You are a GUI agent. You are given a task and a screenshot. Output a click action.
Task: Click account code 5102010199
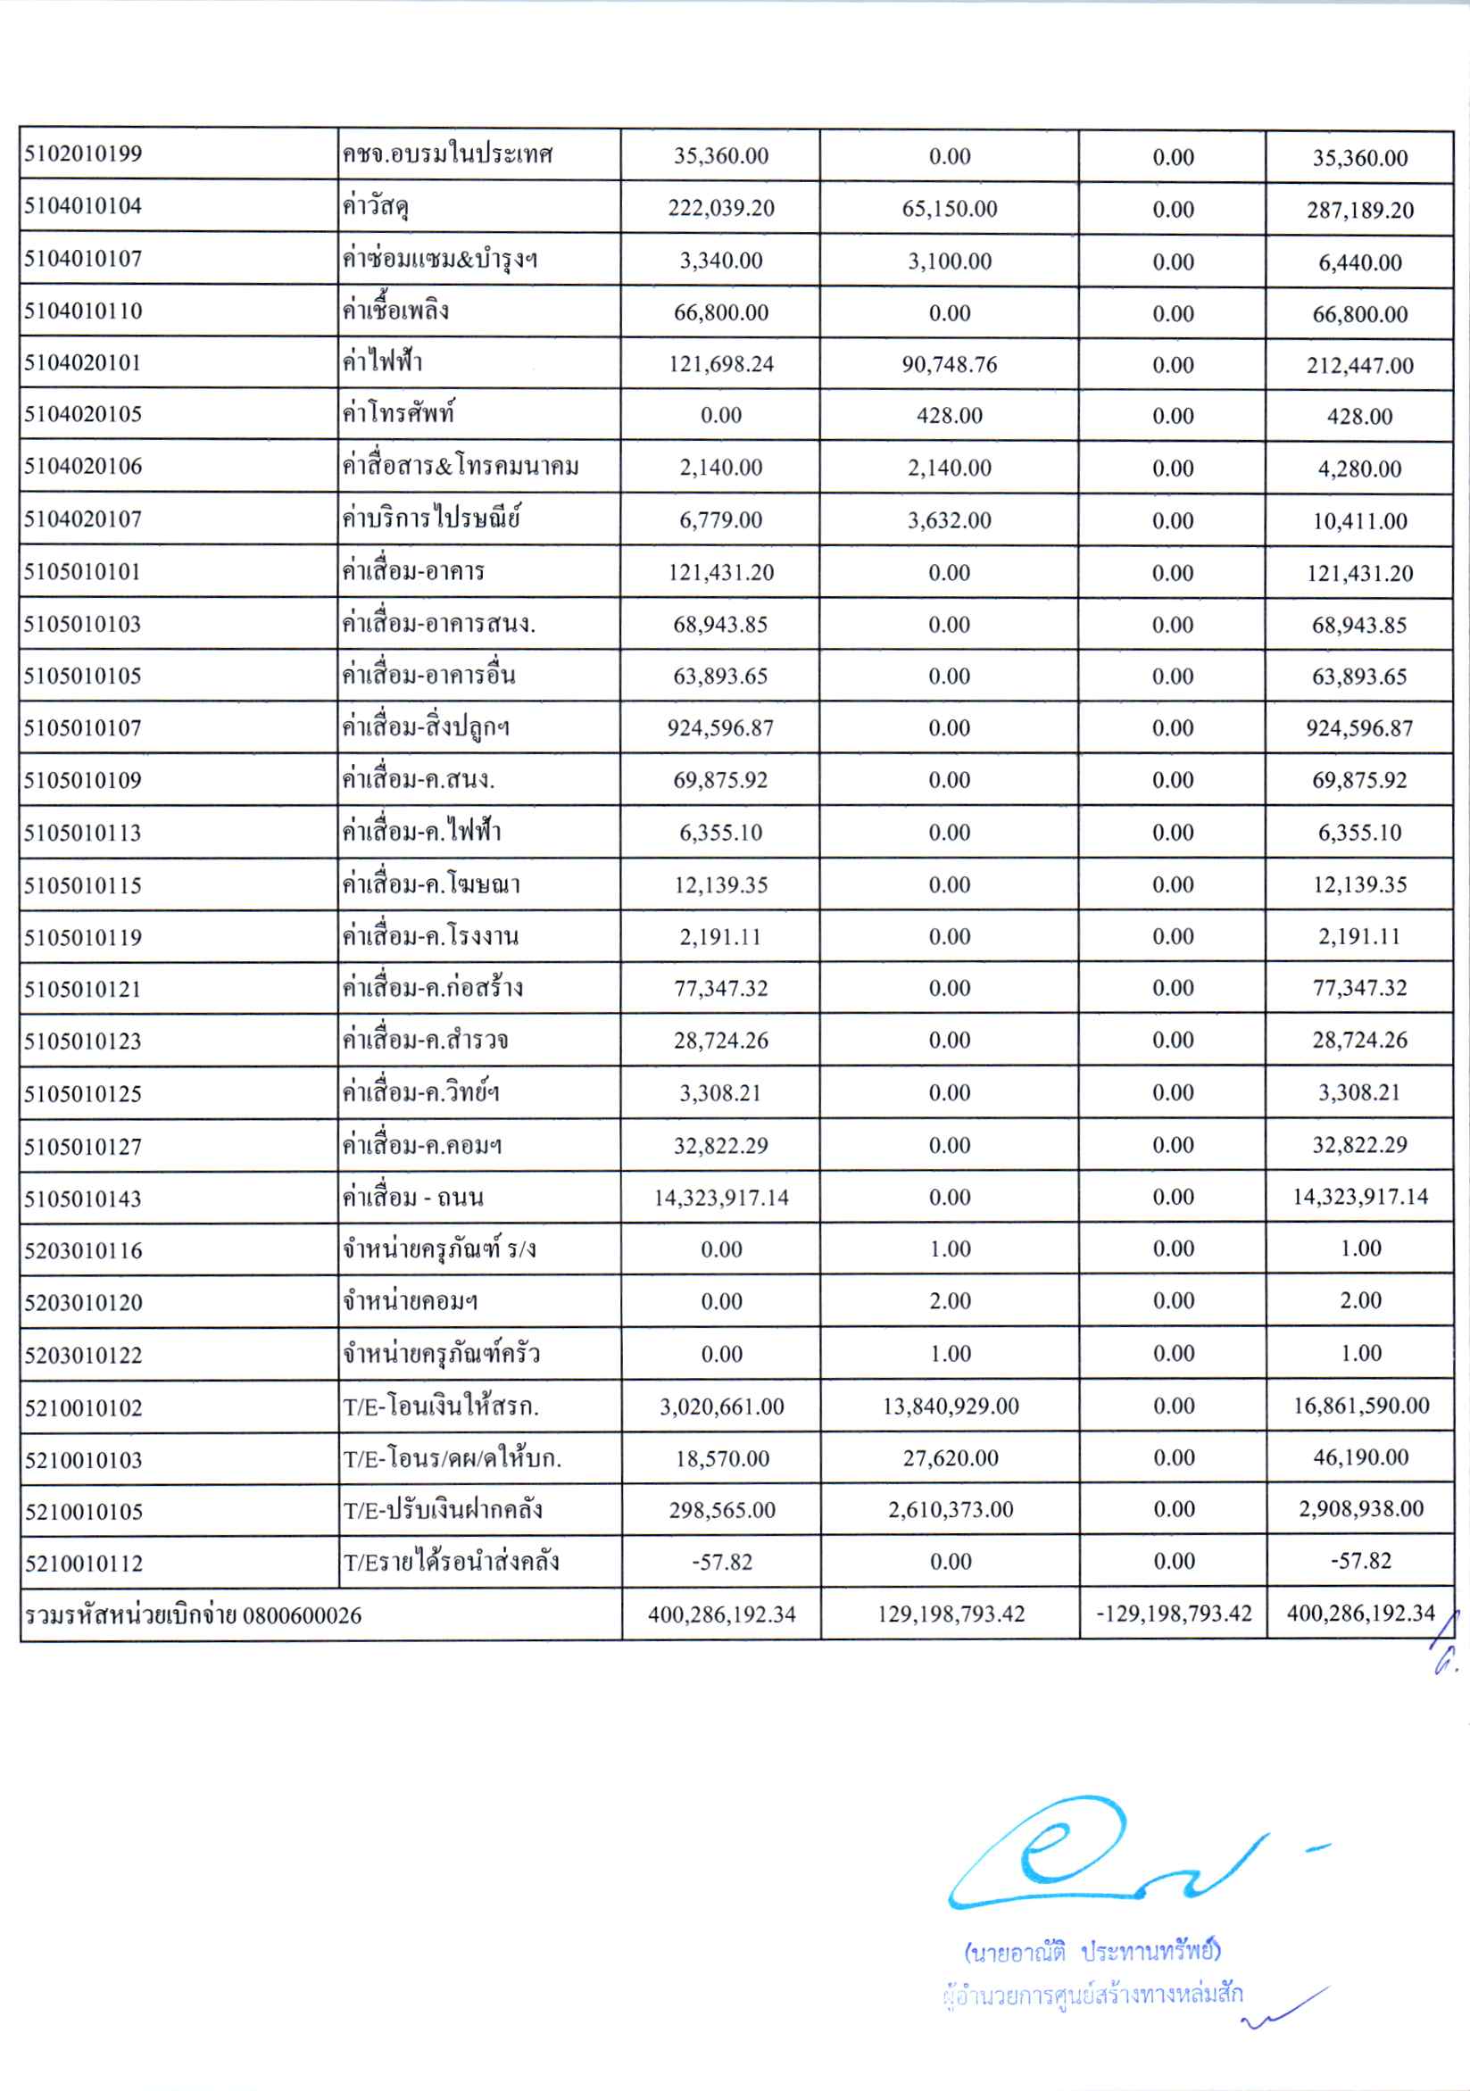[83, 153]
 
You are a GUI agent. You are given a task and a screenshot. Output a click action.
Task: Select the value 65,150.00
[949, 209]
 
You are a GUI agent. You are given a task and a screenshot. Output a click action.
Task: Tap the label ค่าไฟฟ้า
[382, 362]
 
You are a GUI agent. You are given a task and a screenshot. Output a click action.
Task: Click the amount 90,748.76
[949, 364]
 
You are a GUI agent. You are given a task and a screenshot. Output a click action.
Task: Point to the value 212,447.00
[1359, 365]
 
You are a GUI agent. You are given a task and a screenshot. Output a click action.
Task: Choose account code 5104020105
[83, 414]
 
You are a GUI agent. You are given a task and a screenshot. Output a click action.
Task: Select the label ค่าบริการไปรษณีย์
[431, 519]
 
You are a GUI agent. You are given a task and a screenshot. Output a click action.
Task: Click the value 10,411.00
[1359, 521]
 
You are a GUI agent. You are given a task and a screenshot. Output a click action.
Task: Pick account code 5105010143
[83, 1199]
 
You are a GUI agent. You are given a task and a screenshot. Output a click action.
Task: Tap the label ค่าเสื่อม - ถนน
[412, 1198]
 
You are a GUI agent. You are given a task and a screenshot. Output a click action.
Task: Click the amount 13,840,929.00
[950, 1406]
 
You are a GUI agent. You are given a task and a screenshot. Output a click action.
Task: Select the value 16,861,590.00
[1361, 1406]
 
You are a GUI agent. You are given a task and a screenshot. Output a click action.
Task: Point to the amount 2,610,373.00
[950, 1509]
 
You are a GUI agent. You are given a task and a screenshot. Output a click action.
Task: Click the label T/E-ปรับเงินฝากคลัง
[443, 1510]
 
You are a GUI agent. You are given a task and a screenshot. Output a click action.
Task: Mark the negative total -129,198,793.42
[1173, 1614]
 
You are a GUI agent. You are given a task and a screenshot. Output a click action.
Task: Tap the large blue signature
[1093, 1849]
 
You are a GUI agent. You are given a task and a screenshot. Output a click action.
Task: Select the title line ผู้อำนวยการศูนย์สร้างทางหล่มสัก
[1093, 1995]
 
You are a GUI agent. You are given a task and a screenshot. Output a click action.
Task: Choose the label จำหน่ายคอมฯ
[410, 1302]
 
